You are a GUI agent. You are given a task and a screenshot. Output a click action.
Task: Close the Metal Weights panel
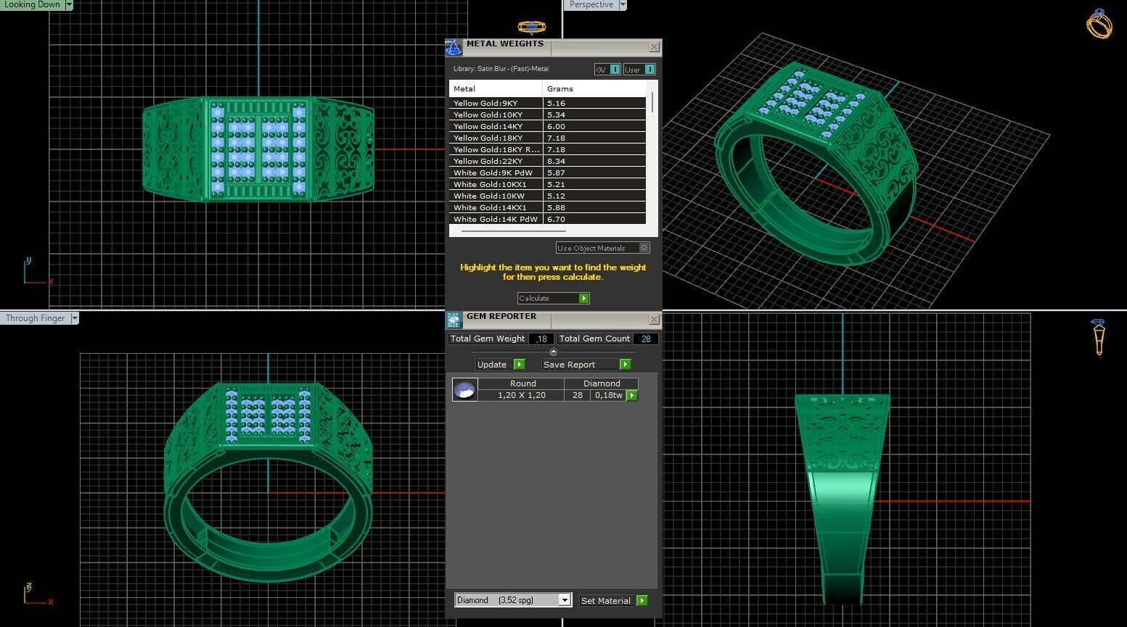(654, 47)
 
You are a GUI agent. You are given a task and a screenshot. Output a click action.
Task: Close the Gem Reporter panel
(654, 319)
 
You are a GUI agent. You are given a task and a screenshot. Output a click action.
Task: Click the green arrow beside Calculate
(583, 299)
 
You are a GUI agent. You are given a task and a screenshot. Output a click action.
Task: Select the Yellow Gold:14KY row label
(488, 127)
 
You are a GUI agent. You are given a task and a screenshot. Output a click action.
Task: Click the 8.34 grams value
(556, 162)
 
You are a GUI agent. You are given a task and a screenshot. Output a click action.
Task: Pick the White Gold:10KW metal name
(488, 196)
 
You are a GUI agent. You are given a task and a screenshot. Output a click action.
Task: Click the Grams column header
(560, 88)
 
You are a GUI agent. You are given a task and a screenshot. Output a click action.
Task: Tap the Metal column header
(464, 88)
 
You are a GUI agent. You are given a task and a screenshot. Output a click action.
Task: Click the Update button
(492, 365)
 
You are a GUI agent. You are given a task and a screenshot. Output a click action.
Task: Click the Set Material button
(606, 601)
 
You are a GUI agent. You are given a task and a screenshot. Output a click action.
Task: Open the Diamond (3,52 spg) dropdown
(564, 600)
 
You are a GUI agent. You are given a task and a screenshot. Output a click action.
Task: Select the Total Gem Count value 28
(645, 339)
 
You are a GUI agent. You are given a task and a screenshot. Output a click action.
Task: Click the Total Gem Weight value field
(541, 339)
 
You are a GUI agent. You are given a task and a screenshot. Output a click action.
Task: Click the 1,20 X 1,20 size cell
(521, 395)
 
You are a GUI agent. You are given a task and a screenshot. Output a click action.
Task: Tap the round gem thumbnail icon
(464, 390)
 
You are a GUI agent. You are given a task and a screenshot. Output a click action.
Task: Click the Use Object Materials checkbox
(644, 248)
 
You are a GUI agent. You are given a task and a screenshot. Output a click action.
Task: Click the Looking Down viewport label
(32, 4)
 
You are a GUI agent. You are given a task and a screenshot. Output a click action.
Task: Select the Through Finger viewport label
(35, 318)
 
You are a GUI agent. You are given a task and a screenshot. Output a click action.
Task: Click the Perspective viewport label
(591, 4)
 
